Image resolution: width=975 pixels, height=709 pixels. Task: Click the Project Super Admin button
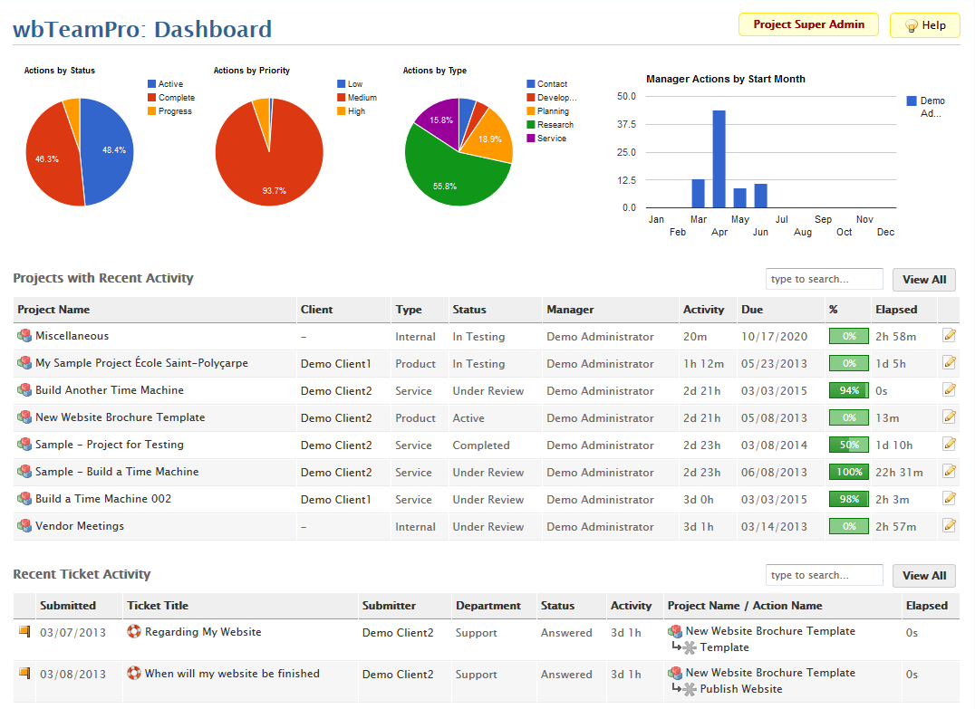[x=808, y=24]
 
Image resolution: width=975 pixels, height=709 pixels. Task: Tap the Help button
[x=924, y=25]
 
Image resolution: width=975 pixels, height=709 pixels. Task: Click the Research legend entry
[x=555, y=125]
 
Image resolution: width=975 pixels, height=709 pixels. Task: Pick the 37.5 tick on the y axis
[x=626, y=124]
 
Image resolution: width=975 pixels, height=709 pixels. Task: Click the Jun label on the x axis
[x=760, y=232]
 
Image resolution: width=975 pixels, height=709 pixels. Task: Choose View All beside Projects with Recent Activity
[x=923, y=280]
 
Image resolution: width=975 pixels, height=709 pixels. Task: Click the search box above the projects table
[x=824, y=279]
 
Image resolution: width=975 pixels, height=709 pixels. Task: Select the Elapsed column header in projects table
[x=896, y=310]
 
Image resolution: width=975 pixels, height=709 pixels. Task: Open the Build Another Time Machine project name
[x=110, y=390]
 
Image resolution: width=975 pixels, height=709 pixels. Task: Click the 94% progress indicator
[x=848, y=391]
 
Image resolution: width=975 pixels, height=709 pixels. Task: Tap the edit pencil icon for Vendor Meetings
[x=949, y=525]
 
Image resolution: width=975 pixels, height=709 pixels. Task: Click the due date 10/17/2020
[x=773, y=337]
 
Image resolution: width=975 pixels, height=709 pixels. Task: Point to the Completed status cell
[x=481, y=446]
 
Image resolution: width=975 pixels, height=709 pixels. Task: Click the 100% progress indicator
[x=848, y=473]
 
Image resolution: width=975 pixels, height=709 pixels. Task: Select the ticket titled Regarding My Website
[x=203, y=632]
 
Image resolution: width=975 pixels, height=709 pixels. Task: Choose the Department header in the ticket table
[x=488, y=606]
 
